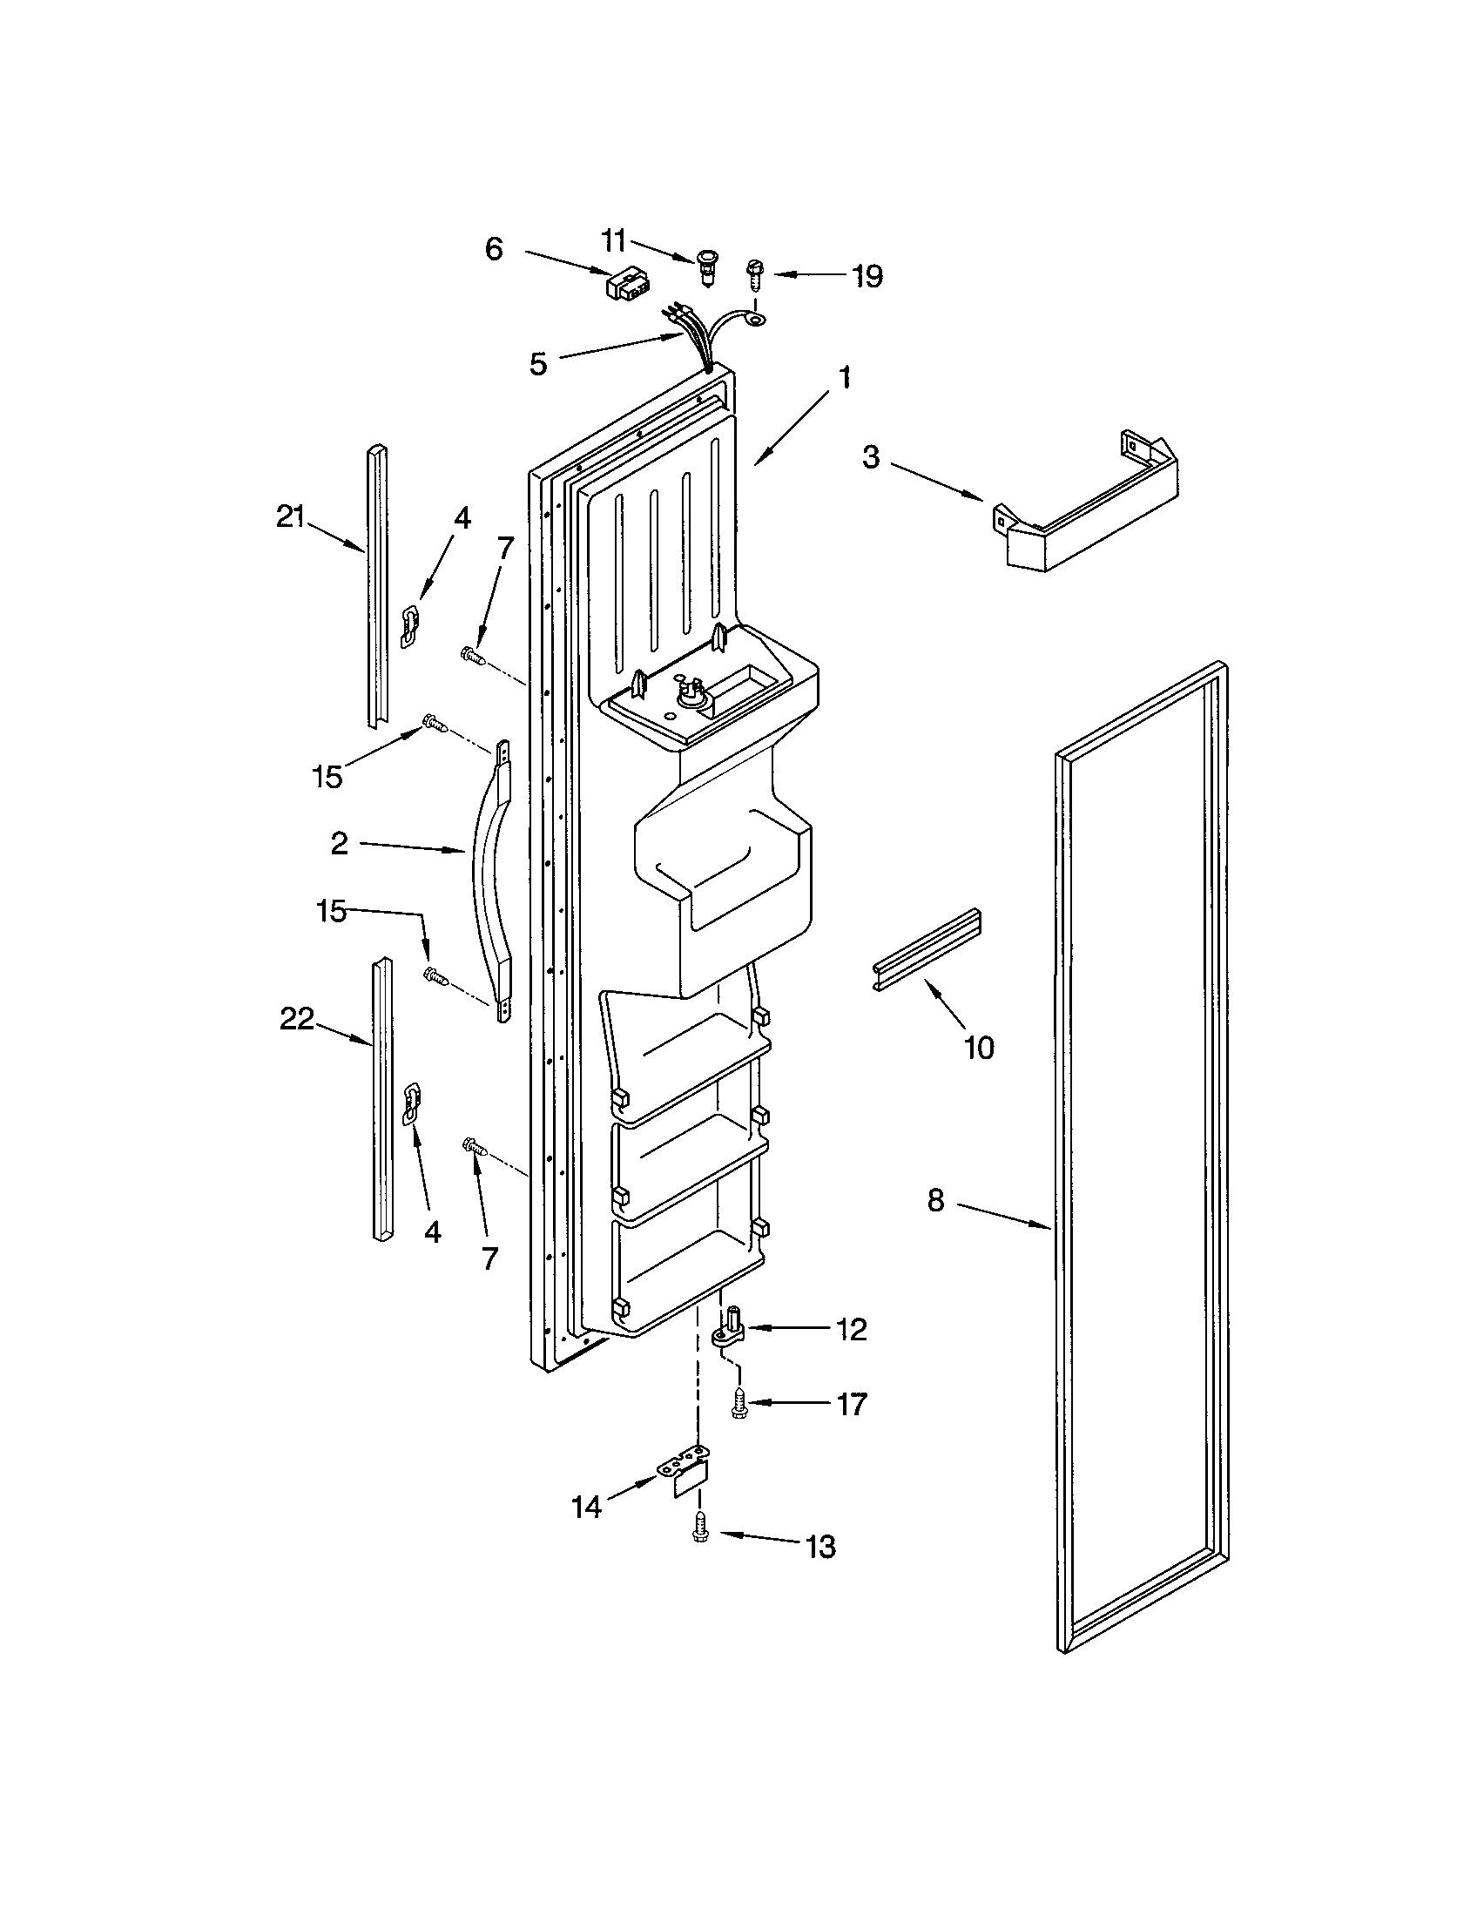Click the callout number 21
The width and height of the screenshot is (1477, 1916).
coord(290,517)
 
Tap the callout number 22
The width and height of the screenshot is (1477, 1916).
coord(296,1019)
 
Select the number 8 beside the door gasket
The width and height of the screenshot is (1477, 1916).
coord(936,1200)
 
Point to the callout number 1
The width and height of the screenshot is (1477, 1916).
coord(844,378)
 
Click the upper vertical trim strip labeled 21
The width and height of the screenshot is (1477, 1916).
coord(377,588)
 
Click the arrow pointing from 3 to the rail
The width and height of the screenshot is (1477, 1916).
coord(939,482)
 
